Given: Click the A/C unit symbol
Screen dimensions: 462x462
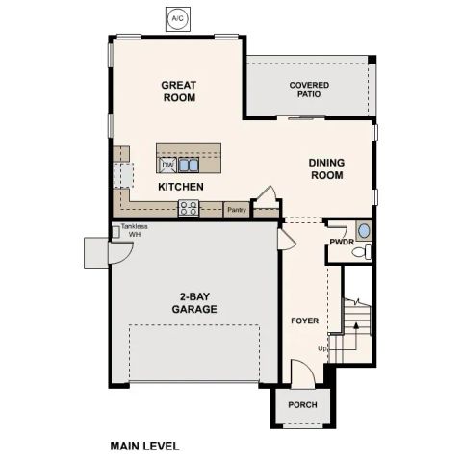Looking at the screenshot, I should (x=176, y=18).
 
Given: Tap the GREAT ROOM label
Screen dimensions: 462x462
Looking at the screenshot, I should (x=178, y=91).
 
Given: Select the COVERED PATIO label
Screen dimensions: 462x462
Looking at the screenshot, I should (x=309, y=90).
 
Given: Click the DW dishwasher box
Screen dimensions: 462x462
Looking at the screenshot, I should (x=167, y=165).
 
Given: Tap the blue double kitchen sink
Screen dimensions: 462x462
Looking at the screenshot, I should (x=187, y=165).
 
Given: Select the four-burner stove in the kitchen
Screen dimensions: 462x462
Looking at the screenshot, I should (x=189, y=208).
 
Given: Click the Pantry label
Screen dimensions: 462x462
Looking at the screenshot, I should (x=236, y=209).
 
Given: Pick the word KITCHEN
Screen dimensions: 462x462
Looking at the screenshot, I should (x=181, y=186).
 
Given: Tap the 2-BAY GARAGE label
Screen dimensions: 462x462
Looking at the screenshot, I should (x=194, y=303).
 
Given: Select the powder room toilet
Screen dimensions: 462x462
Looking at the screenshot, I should (x=360, y=252).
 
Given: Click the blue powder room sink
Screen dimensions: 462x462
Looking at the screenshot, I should (x=363, y=231).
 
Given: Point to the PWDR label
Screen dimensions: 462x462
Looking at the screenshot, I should (x=341, y=242).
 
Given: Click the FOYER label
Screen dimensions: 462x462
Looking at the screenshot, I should (x=304, y=320).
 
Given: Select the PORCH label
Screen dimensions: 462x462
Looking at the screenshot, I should (x=303, y=405).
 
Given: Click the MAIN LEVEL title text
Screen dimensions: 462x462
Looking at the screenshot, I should (x=144, y=446).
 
